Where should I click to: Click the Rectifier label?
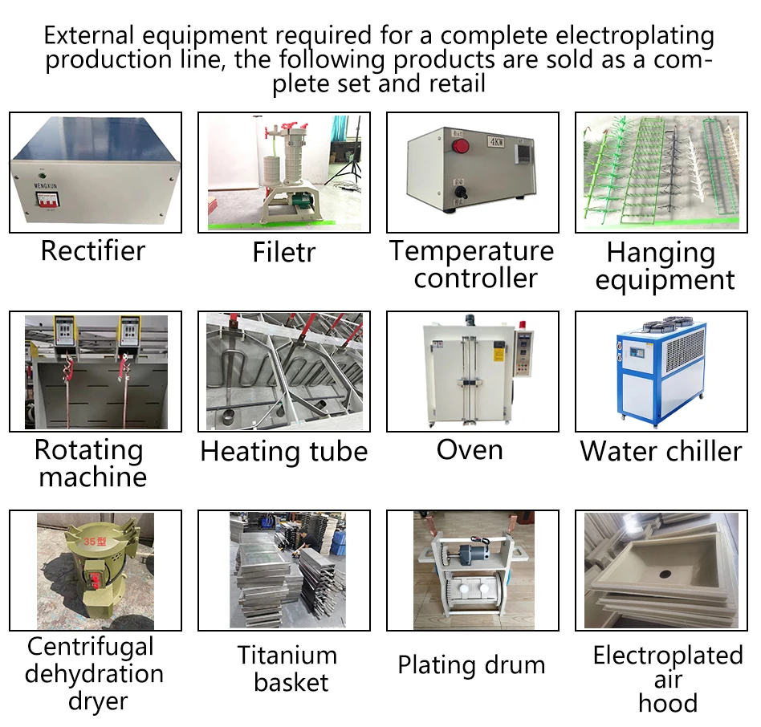click(93, 250)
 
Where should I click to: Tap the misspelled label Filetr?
click(283, 252)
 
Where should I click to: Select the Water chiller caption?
click(661, 451)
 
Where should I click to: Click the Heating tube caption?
click(283, 451)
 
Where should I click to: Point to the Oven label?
click(470, 449)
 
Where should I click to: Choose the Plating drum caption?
click(471, 664)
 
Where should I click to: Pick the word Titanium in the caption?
click(287, 656)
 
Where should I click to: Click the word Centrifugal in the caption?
click(90, 647)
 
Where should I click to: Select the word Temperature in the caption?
click(472, 251)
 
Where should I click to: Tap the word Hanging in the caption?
click(661, 253)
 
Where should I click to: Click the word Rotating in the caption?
click(88, 449)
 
